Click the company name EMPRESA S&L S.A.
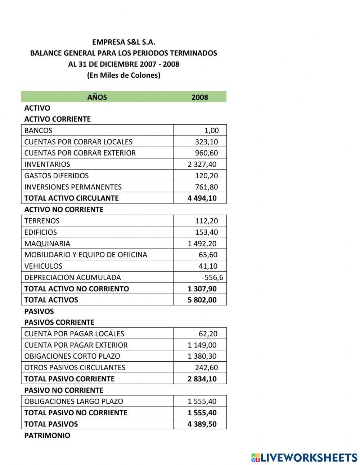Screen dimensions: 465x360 pyautogui.click(x=123, y=42)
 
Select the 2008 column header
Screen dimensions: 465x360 pyautogui.click(x=199, y=97)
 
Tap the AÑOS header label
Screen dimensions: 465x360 pyautogui.click(x=97, y=97)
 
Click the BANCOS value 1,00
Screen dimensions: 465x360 pyautogui.click(x=211, y=130)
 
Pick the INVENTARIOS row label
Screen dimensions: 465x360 pyautogui.click(x=47, y=164)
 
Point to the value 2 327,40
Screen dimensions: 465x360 pyautogui.click(x=202, y=164)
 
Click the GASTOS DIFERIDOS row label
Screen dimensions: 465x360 pyautogui.click(x=56, y=176)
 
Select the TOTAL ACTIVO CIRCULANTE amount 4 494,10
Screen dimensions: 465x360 pyautogui.click(x=202, y=198)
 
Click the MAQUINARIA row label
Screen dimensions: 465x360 pyautogui.click(x=47, y=243)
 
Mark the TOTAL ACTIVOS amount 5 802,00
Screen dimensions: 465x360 pyautogui.click(x=202, y=300)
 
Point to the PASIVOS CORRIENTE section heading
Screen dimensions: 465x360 pyautogui.click(x=59, y=322)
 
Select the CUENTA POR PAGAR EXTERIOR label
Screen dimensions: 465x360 pyautogui.click(x=76, y=345)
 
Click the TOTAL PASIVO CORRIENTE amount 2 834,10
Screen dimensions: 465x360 pyautogui.click(x=202, y=379)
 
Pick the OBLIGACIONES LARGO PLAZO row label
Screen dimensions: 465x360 pyautogui.click(x=73, y=401)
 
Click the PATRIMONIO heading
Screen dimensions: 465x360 pyautogui.click(x=47, y=435)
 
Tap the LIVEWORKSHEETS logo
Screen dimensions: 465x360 pyautogui.click(x=304, y=457)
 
